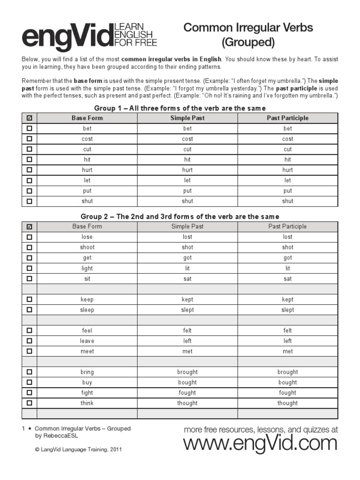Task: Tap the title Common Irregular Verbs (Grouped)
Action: tap(248, 35)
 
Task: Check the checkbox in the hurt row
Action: tap(30, 170)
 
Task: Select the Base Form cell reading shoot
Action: tap(87, 247)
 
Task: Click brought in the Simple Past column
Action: tap(187, 372)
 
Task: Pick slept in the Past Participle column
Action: tap(288, 310)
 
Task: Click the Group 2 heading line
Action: tap(180, 217)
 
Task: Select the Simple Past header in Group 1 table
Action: tap(187, 118)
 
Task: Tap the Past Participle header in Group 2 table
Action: tap(288, 226)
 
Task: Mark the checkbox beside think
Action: tap(30, 403)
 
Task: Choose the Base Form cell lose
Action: tap(87, 237)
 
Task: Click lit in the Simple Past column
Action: tap(187, 268)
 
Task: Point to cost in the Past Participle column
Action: tap(288, 139)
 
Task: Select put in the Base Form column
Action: tap(87, 191)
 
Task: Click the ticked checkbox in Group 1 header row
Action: tap(30, 118)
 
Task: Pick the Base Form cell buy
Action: tap(87, 382)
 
